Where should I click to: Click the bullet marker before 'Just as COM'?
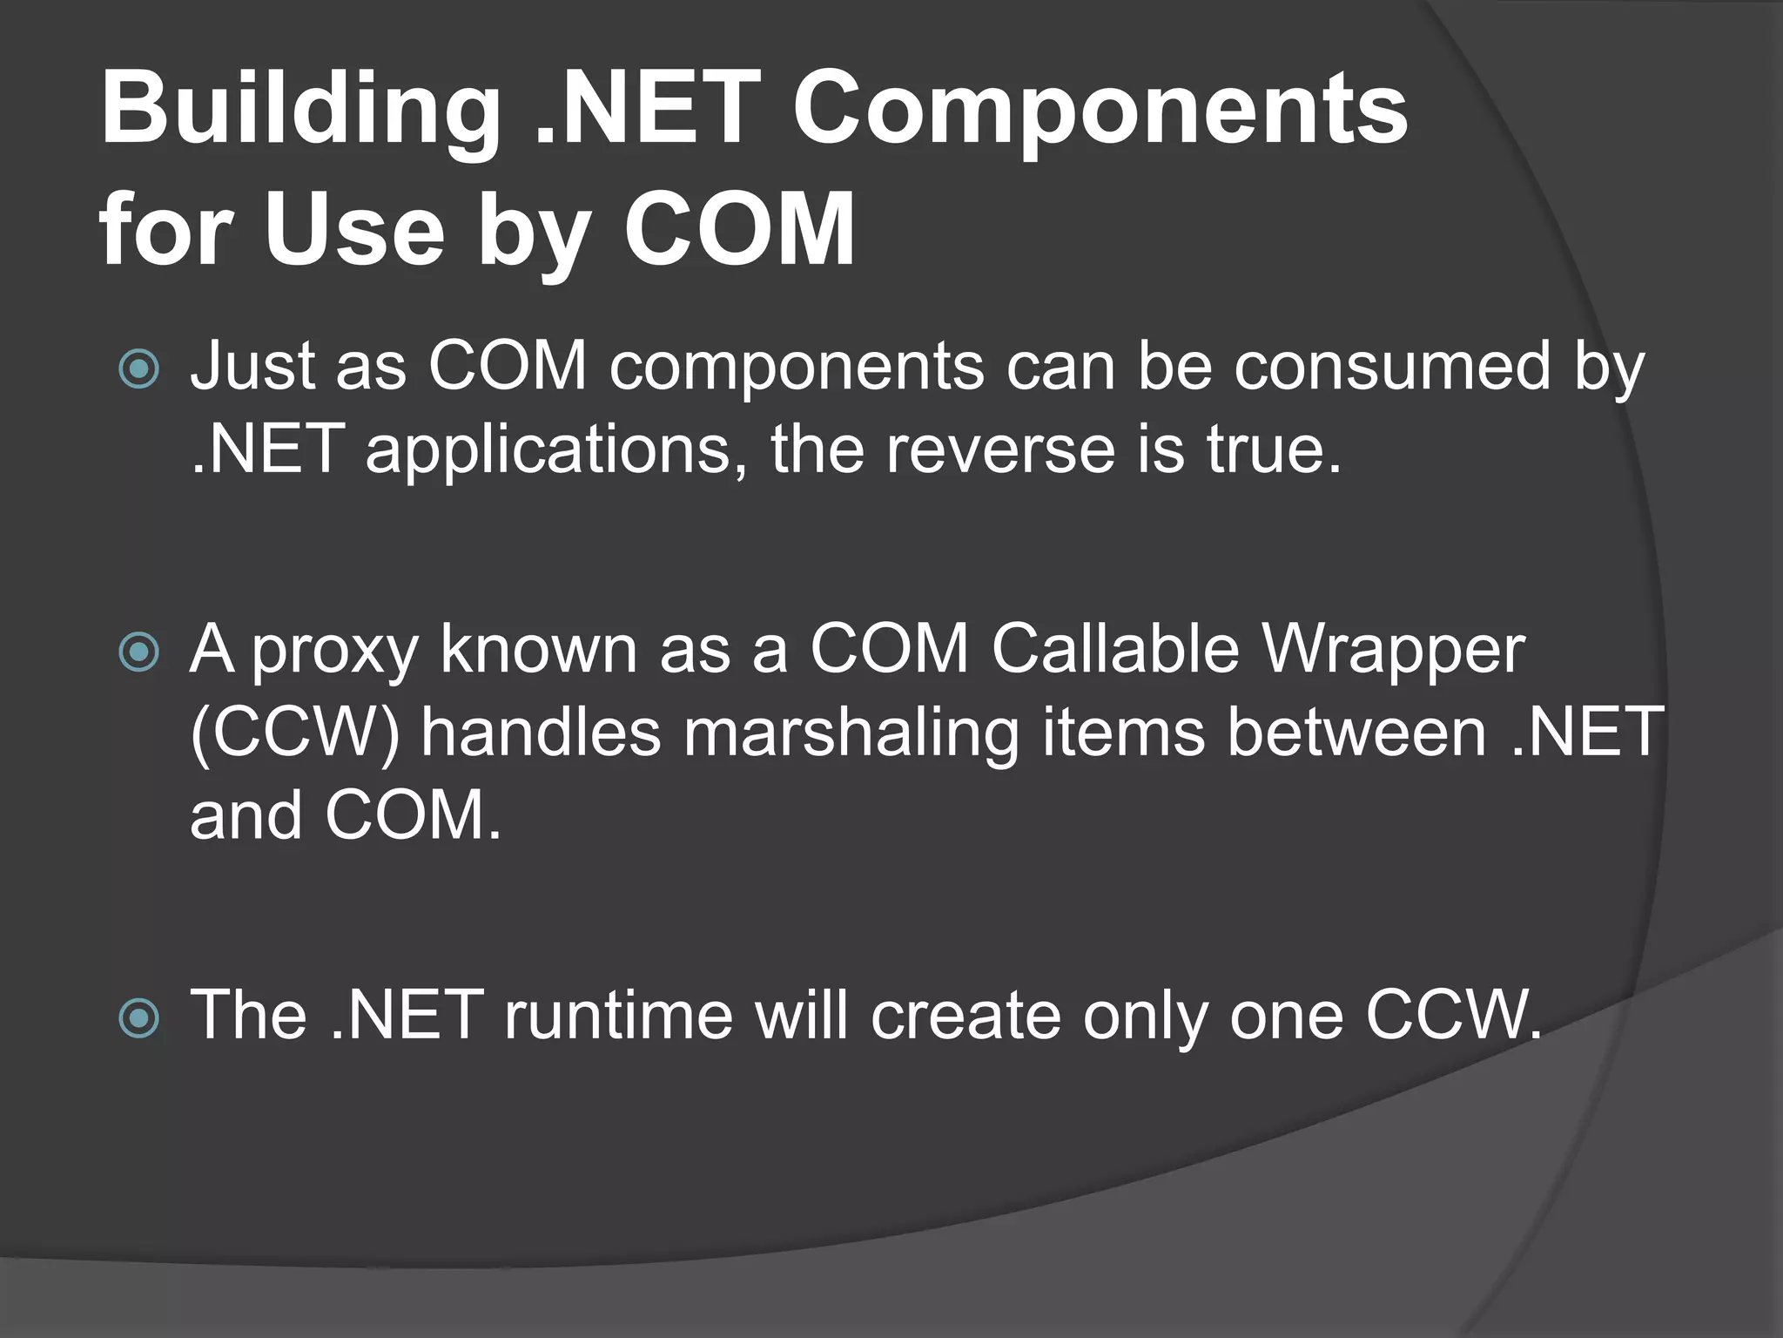tap(139, 369)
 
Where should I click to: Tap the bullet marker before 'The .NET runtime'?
tap(139, 1017)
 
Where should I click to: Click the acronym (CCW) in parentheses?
tap(294, 733)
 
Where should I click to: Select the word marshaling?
tap(851, 733)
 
